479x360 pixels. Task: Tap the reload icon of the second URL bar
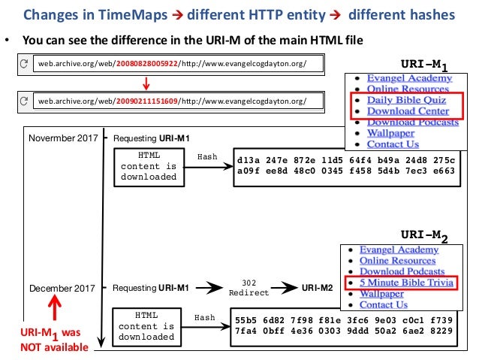click(x=25, y=100)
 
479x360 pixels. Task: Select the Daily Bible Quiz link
click(x=406, y=99)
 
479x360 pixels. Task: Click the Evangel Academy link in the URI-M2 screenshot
click(x=399, y=250)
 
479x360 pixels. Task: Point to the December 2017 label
click(x=63, y=288)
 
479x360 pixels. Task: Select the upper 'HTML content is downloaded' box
click(x=149, y=165)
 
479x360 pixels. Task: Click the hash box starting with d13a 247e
click(x=345, y=165)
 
